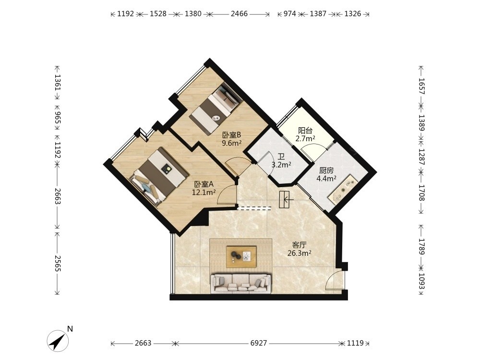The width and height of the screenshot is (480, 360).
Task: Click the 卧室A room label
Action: click(x=204, y=184)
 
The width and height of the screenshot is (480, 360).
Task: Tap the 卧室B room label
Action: click(x=232, y=135)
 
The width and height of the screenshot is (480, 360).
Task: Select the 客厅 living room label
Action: click(x=300, y=245)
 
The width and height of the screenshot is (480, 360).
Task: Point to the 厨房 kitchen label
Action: click(x=326, y=170)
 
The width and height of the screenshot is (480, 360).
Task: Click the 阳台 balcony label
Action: click(x=305, y=131)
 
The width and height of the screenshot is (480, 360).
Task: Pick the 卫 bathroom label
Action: click(x=281, y=157)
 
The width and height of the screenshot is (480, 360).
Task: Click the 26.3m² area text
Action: click(x=300, y=253)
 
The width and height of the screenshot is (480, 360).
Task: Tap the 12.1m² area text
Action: click(x=204, y=192)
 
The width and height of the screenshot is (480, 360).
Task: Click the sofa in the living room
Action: click(x=241, y=284)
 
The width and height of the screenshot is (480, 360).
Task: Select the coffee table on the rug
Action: click(x=241, y=256)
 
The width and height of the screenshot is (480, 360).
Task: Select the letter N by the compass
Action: click(x=70, y=329)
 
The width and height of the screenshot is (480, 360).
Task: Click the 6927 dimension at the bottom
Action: click(x=259, y=343)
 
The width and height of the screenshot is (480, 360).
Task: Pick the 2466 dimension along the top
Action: click(x=239, y=14)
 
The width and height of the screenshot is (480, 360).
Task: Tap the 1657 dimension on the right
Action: click(x=422, y=86)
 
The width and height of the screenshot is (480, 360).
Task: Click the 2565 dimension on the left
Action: click(x=58, y=263)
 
